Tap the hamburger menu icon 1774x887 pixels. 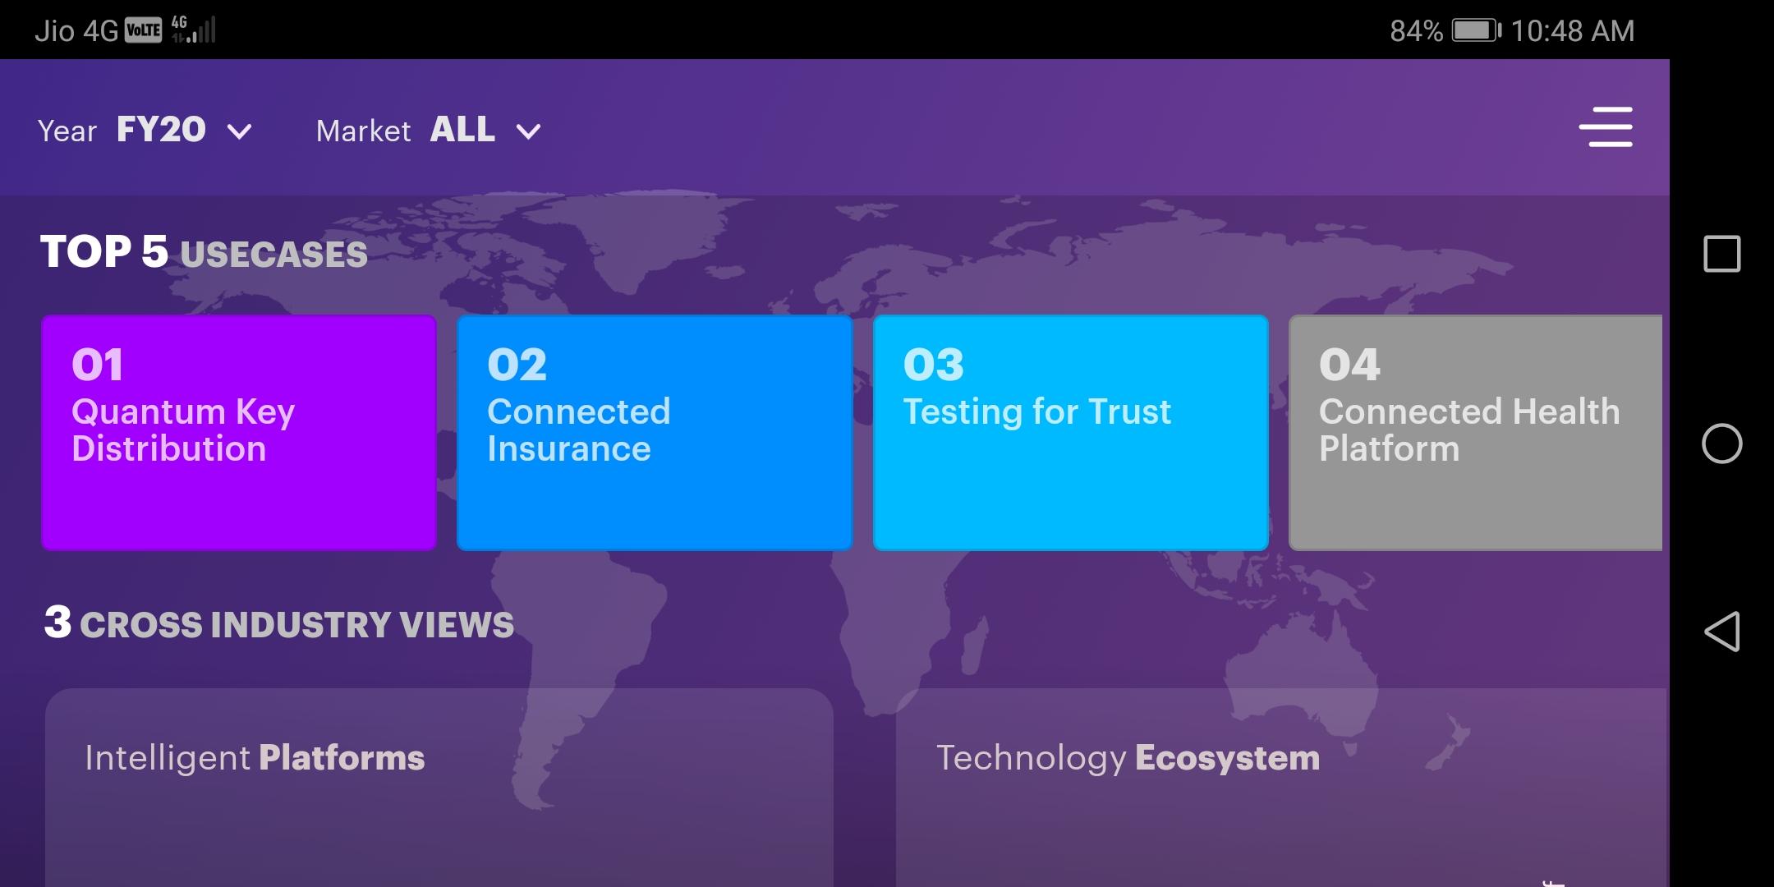(1606, 126)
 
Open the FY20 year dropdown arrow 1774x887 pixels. (239, 131)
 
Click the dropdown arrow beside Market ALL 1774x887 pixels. (528, 131)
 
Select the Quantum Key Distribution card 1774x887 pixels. (239, 433)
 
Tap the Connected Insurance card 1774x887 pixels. (655, 433)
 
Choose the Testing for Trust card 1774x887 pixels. (1071, 433)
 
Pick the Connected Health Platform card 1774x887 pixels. (1476, 433)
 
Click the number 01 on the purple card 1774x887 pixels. (98, 365)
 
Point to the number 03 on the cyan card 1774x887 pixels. (934, 365)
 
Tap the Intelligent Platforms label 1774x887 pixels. (255, 758)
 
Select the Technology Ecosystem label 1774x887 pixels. (1128, 758)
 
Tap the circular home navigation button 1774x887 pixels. (1722, 444)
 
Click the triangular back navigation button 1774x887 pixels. (1722, 632)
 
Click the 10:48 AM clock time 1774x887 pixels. (1573, 31)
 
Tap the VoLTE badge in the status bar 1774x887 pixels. (144, 31)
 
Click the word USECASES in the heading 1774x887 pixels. (274, 255)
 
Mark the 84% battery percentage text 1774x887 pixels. (1417, 31)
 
